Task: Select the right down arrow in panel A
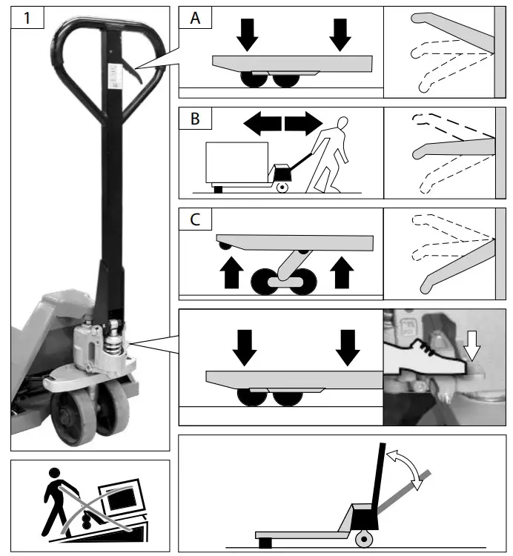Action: coord(340,32)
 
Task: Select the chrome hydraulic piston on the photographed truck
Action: coord(116,343)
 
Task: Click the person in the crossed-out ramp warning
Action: coord(58,493)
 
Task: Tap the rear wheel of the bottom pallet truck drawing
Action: coord(363,537)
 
